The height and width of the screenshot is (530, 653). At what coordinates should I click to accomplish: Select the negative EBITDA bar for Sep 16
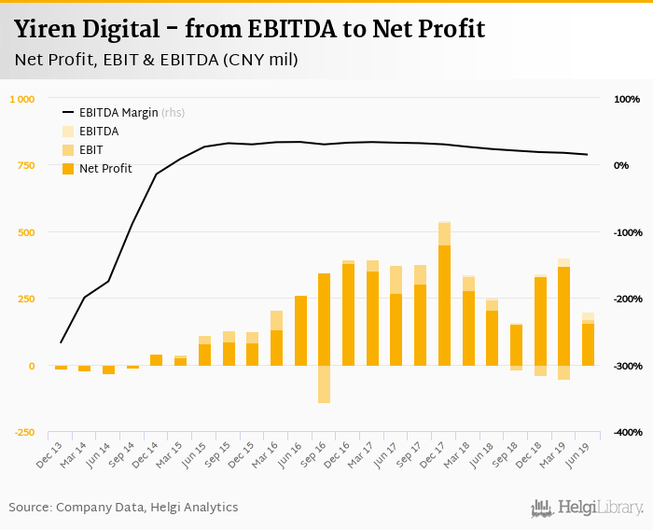(x=325, y=384)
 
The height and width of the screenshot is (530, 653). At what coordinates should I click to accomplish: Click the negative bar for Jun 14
(x=108, y=370)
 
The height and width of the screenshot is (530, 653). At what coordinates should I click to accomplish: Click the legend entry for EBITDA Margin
(x=118, y=113)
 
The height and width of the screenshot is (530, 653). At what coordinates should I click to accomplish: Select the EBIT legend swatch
(x=68, y=149)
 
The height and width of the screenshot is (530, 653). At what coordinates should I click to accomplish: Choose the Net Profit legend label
(x=105, y=168)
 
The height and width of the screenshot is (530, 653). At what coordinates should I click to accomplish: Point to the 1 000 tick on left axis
(x=22, y=99)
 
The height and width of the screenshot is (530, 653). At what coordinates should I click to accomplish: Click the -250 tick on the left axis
(x=24, y=433)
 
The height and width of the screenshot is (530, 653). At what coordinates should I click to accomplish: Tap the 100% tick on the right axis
(x=626, y=99)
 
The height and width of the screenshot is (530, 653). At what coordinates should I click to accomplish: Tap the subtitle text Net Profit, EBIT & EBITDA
(x=112, y=60)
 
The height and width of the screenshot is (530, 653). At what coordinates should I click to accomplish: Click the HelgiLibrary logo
(x=587, y=508)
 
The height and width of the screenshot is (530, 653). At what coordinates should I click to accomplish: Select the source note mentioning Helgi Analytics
(x=123, y=508)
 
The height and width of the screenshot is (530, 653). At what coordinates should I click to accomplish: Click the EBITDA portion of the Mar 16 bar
(x=277, y=320)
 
